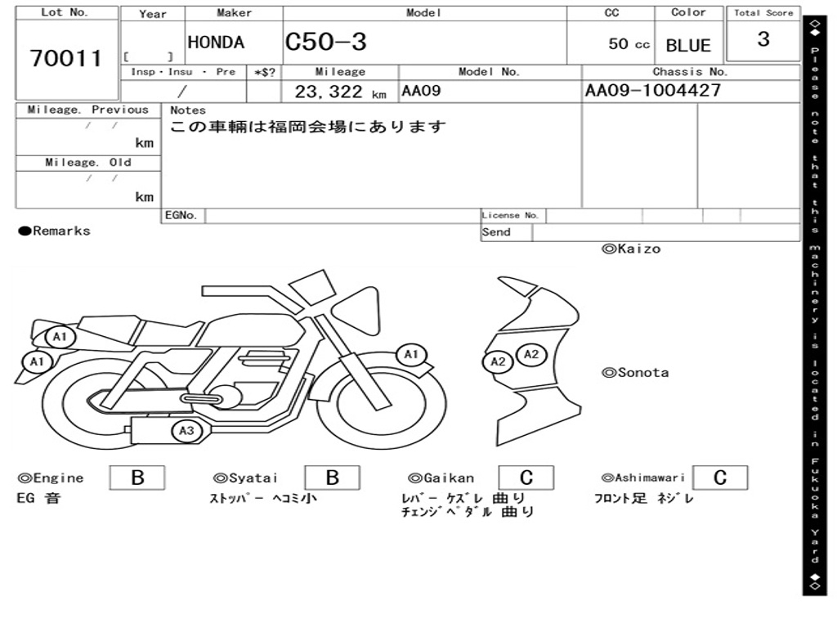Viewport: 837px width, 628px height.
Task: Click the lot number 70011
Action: (65, 58)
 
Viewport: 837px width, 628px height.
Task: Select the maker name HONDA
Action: (216, 43)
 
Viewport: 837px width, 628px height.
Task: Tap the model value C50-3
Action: (325, 42)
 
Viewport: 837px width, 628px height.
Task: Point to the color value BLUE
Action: (688, 46)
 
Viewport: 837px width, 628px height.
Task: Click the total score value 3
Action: (763, 38)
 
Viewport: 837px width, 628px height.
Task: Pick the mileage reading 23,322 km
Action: (340, 92)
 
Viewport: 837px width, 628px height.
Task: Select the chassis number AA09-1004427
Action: (653, 90)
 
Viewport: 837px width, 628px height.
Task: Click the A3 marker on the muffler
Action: (186, 431)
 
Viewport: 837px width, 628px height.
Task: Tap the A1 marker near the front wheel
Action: (411, 355)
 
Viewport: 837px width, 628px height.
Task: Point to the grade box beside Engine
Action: (137, 478)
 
